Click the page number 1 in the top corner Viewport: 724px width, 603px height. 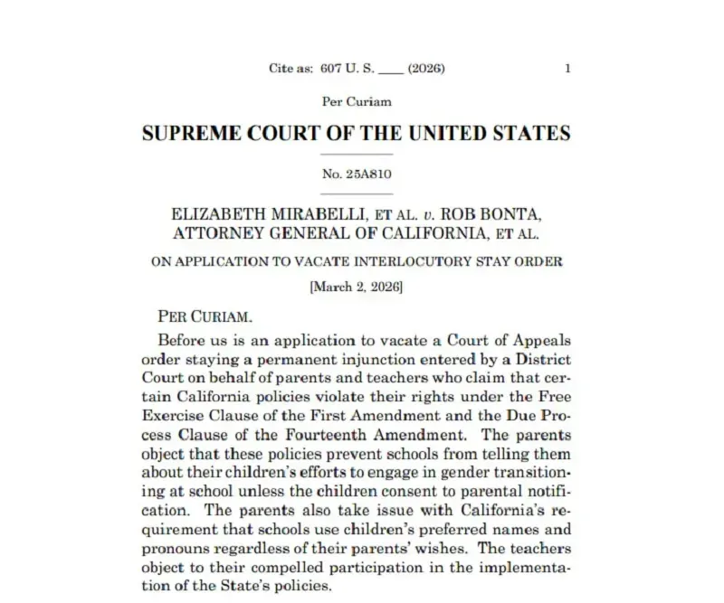point(567,68)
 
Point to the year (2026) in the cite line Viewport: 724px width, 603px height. point(425,68)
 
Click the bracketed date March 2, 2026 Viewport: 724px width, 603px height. point(357,287)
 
